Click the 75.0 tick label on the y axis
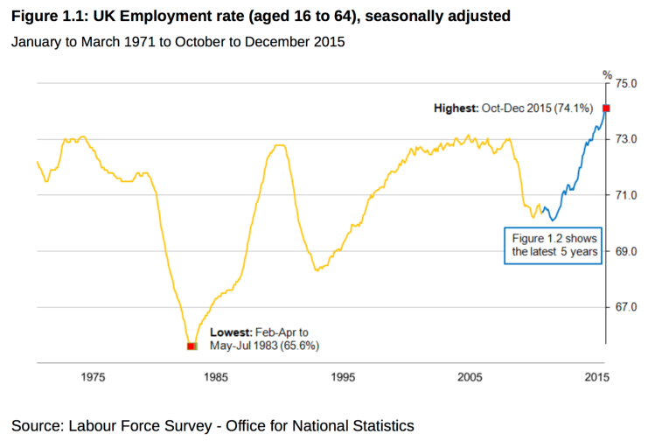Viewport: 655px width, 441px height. coord(628,84)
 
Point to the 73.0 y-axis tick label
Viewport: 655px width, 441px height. coord(628,139)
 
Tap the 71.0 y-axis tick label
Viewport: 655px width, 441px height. coord(628,195)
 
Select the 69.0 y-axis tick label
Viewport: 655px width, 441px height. coord(628,252)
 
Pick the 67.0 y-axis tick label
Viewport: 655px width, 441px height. coord(628,308)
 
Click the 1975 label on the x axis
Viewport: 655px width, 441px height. coord(94,377)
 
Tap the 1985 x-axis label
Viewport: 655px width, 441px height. coord(217,377)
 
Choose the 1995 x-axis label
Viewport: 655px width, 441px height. coord(344,377)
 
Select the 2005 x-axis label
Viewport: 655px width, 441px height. coord(470,377)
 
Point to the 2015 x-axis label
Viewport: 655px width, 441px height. coord(596,377)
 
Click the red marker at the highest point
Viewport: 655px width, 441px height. coord(606,108)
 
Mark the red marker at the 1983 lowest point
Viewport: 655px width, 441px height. coord(192,346)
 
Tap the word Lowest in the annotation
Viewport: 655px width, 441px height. coord(231,332)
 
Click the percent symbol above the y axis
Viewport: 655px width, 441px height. coord(606,74)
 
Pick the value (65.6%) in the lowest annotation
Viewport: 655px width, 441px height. coord(300,346)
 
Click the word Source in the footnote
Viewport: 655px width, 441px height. coord(37,426)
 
